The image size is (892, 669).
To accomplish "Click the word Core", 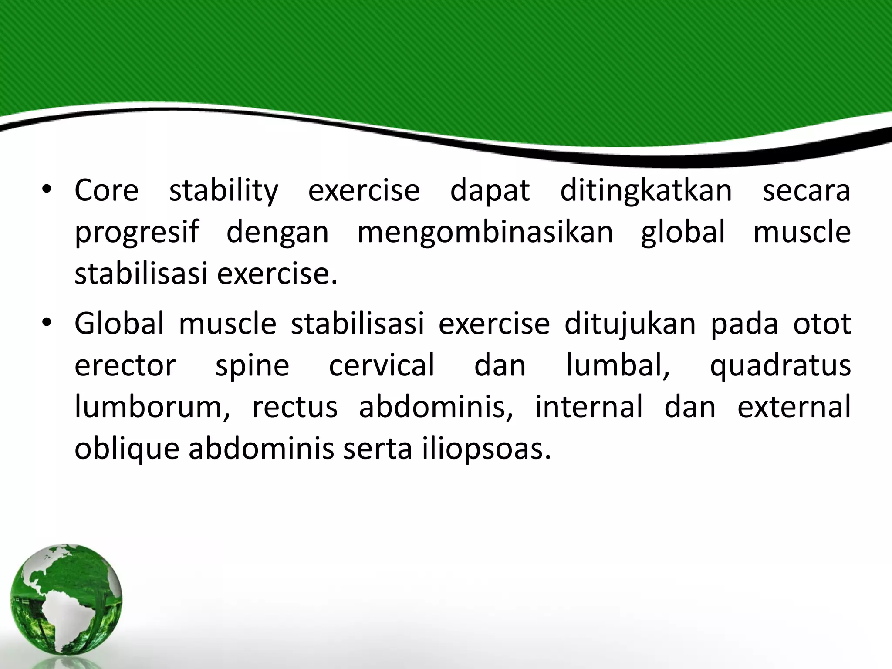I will pyautogui.click(x=106, y=191).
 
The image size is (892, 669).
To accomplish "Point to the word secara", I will pyautogui.click(x=806, y=191).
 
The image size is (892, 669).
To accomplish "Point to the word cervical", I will pyautogui.click(x=382, y=365).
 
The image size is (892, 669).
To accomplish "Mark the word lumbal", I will pyautogui.click(x=618, y=365).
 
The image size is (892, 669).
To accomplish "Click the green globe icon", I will pyautogui.click(x=66, y=605).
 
